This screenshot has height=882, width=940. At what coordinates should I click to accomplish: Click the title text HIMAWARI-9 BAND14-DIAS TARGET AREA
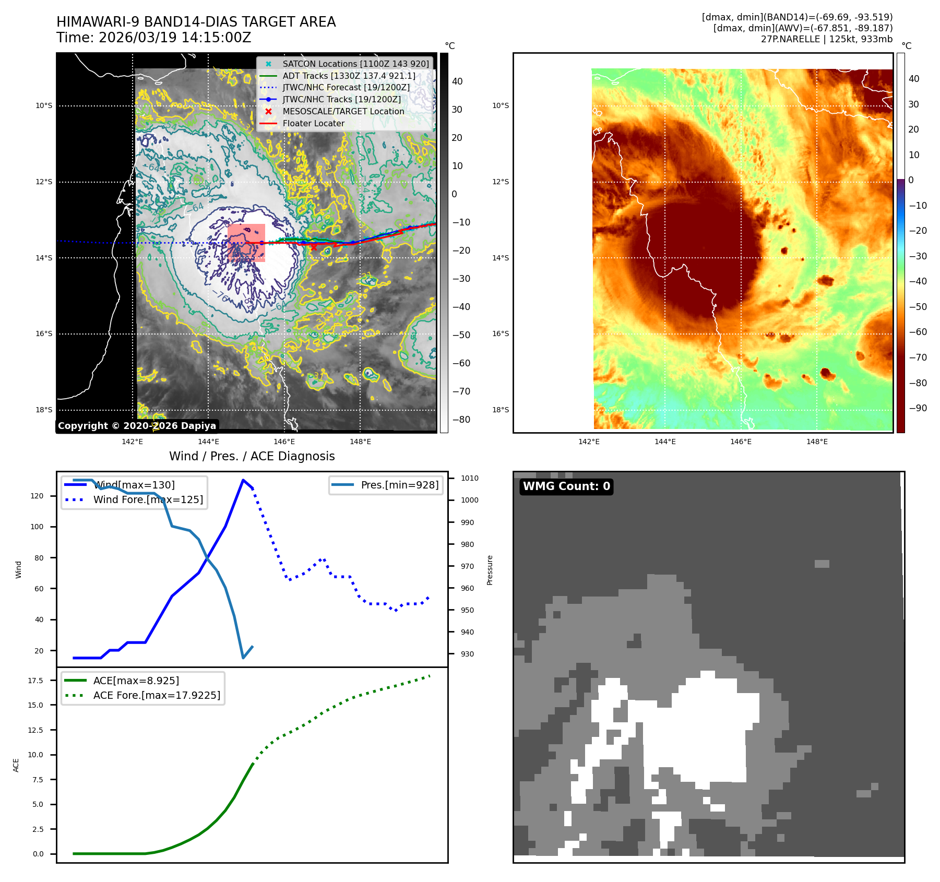click(196, 22)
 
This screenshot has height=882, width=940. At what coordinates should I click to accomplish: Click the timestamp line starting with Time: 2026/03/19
click(154, 38)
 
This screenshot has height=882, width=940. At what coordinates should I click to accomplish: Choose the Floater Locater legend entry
click(313, 123)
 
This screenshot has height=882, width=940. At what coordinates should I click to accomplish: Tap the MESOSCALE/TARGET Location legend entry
click(343, 111)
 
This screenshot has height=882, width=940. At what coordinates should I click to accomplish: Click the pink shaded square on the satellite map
click(246, 243)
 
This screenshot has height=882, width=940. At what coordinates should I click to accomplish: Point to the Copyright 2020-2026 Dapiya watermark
click(137, 426)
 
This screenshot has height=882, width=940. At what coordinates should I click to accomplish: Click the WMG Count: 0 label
click(566, 486)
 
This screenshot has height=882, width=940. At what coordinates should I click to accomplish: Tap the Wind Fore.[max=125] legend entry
click(148, 499)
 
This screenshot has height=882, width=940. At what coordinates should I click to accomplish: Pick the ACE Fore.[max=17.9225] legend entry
click(157, 695)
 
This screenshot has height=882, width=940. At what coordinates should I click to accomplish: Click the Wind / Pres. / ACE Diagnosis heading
click(252, 456)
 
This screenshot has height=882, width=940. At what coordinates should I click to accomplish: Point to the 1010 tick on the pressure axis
click(469, 478)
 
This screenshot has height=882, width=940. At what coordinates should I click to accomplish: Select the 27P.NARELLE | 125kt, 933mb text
click(826, 39)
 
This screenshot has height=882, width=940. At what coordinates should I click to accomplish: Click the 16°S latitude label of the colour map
click(500, 333)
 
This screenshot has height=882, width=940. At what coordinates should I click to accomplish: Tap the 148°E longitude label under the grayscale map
click(360, 442)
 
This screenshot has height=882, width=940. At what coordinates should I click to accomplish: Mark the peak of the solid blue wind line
click(243, 480)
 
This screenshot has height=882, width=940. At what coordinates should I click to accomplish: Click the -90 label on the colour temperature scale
click(918, 408)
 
